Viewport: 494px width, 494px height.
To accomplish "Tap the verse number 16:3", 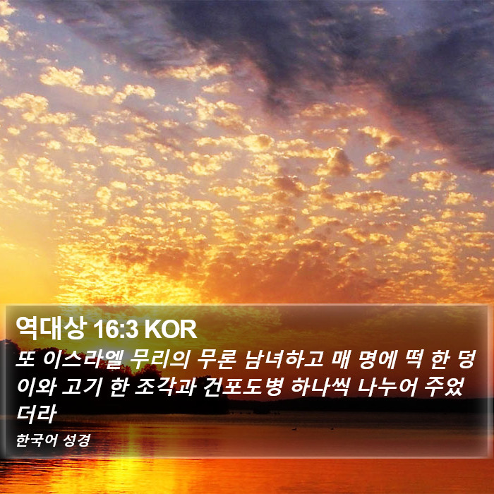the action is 116,330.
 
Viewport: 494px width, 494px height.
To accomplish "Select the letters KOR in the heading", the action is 171,330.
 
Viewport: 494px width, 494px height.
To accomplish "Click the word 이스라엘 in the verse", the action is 83,359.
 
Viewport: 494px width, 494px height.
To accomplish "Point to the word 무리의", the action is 159,359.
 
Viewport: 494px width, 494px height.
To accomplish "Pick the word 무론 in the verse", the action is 217,359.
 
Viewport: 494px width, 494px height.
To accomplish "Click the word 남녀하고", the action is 284,359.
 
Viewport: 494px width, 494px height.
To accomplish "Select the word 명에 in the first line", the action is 377,359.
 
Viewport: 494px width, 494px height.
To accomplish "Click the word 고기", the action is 82,387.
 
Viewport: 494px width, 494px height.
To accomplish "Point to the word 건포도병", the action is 242,387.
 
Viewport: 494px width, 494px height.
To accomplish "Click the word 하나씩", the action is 319,387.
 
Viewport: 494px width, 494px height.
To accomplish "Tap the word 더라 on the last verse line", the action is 36,414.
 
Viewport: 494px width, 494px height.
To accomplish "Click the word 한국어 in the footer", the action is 36,440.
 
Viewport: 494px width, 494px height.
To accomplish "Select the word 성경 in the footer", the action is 76,440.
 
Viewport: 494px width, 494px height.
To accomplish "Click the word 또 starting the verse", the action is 26,359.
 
